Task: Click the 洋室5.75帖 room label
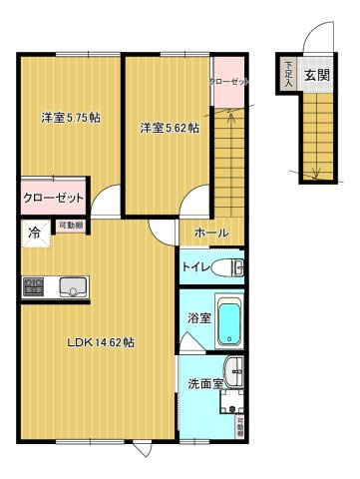70,118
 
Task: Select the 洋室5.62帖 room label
169,128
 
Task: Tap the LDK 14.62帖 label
101,342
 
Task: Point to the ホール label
210,233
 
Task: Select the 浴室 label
196,319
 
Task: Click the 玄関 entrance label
318,74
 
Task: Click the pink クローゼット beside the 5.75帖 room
54,196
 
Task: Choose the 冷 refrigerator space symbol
34,233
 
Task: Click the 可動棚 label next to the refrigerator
69,227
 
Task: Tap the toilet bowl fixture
235,267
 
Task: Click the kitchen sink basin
72,287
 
